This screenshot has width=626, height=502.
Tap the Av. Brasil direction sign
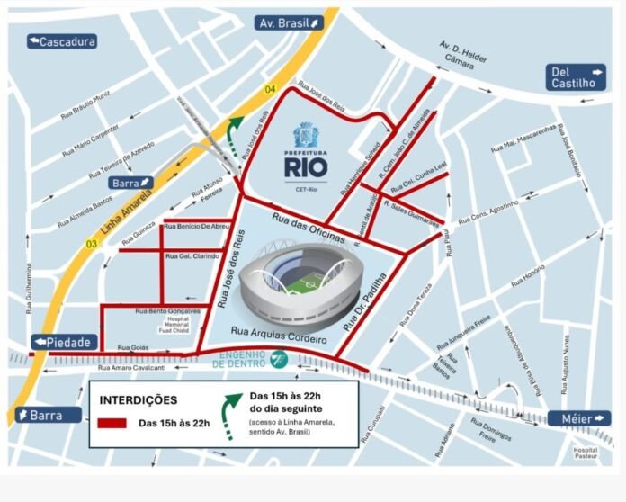pos(288,22)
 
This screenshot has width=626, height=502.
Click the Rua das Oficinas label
pos(309,228)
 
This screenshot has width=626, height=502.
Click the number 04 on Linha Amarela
pos(271,89)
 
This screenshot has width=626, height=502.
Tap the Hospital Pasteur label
pos(586,453)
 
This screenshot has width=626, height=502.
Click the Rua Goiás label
pos(132,347)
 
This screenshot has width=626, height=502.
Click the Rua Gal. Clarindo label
pos(192,257)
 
